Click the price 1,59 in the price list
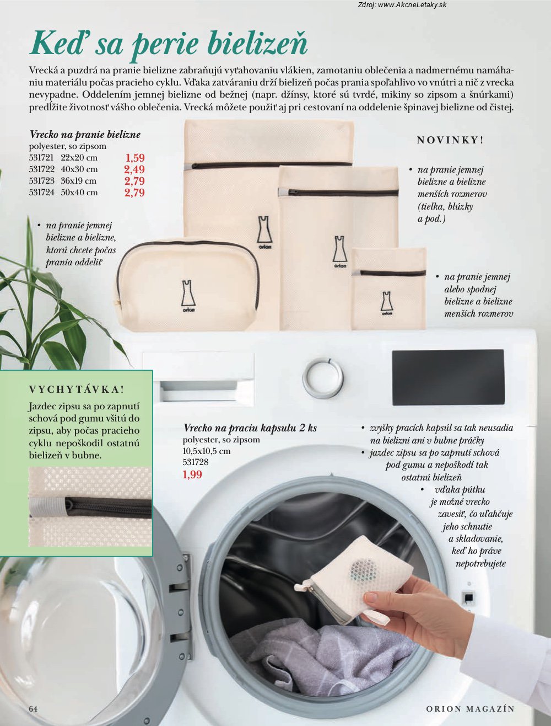135,158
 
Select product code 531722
42,169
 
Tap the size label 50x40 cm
79,193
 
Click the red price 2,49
134,169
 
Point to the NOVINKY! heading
450,140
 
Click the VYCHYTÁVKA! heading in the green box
77,389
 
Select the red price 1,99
192,474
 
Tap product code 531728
196,462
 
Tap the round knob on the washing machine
323,377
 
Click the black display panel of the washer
449,377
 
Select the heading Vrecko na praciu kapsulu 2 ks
250,428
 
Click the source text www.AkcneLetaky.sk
412,4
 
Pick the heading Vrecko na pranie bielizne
85,135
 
